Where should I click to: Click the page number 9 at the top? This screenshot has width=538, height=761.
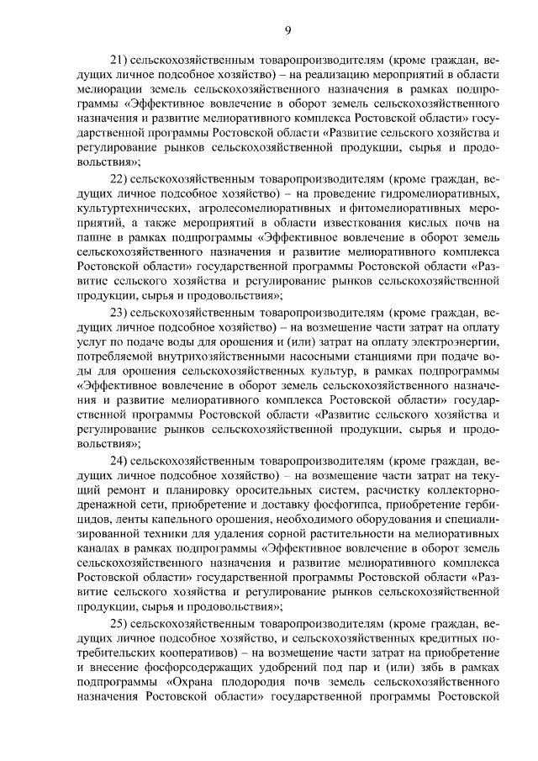[x=288, y=31]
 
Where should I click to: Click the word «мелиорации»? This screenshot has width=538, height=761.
[x=106, y=87]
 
